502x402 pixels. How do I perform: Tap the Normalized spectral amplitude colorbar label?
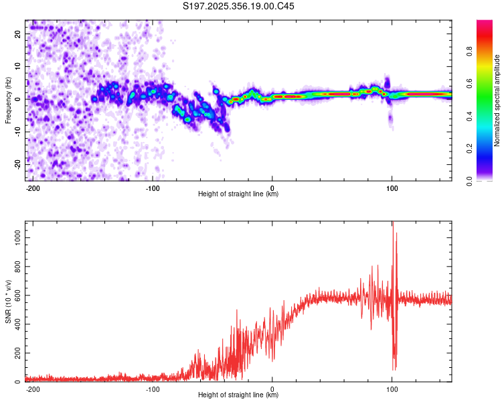point(497,100)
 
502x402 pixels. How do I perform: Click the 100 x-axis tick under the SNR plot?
point(392,388)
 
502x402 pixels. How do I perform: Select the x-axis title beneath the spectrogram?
point(238,194)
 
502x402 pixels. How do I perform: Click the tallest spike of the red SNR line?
point(393,226)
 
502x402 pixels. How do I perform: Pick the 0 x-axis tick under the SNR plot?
point(272,388)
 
